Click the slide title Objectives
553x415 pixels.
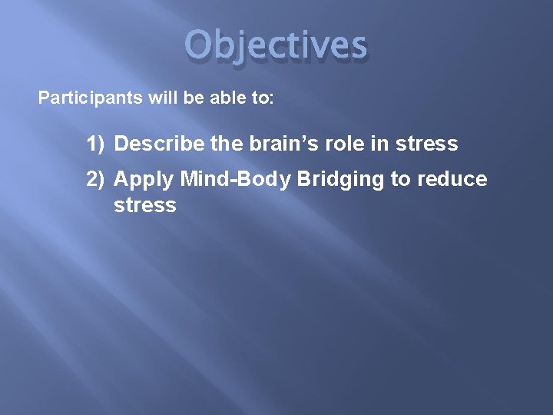coord(276,45)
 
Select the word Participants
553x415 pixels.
coord(80,98)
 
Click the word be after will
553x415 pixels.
coord(166,98)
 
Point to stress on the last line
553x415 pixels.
coord(144,205)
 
